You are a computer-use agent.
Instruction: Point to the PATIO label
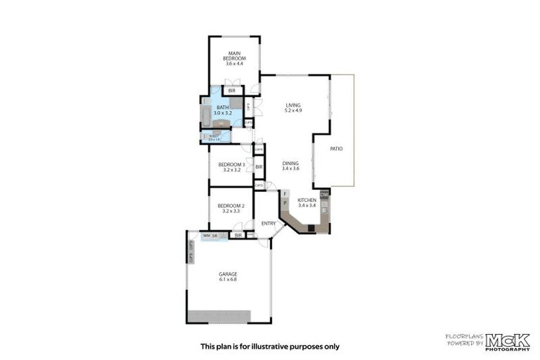click(x=336, y=148)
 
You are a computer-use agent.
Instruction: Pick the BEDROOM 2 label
click(x=231, y=205)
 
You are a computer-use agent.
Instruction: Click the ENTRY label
click(x=268, y=224)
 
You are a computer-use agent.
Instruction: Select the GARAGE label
click(x=227, y=274)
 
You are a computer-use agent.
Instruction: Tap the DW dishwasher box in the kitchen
click(x=324, y=195)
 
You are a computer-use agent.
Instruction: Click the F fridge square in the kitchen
click(x=285, y=193)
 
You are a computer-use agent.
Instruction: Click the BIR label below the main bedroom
click(x=231, y=90)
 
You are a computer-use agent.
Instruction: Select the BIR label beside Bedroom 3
click(x=259, y=167)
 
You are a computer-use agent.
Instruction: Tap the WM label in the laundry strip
click(x=206, y=235)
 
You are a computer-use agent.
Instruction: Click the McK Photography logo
click(x=508, y=340)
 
